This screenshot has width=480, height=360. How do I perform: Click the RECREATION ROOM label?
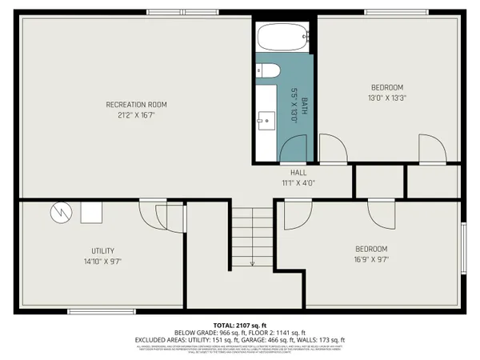(137, 105)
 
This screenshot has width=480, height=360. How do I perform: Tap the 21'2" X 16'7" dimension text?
(137, 116)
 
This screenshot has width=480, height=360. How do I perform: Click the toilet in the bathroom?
(266, 70)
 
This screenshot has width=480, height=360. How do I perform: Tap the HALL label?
(298, 172)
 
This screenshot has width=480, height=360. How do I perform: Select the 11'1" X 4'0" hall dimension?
(298, 182)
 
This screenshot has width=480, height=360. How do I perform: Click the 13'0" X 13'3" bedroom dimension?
(386, 98)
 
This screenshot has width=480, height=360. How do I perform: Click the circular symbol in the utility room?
(61, 212)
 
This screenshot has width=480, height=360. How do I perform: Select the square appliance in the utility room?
(90, 211)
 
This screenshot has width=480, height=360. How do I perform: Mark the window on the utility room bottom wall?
(94, 311)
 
